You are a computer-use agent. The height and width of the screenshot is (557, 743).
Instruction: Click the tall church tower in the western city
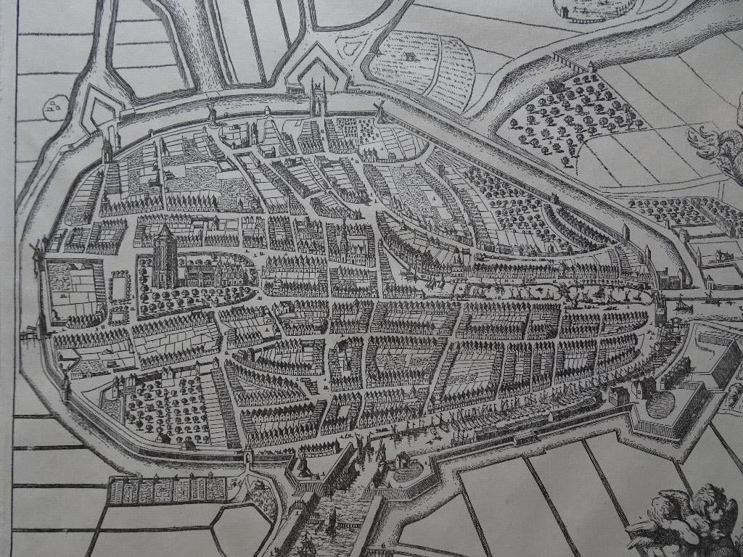coord(163,255)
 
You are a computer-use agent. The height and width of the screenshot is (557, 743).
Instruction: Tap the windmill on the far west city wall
coord(36,254)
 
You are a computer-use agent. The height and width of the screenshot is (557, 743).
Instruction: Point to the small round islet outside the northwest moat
coord(55,107)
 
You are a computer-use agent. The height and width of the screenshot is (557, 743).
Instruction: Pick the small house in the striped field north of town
coord(410,56)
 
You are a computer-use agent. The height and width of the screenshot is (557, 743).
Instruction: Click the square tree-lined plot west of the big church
coord(119,286)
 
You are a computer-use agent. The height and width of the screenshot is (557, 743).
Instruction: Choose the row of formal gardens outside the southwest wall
coord(167,490)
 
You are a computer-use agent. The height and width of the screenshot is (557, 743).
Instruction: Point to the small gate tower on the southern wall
coord(249,457)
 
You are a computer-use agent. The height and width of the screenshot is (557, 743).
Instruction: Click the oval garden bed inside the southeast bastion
coord(660,404)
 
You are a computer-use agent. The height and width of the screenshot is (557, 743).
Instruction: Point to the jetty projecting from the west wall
coord(29,332)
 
